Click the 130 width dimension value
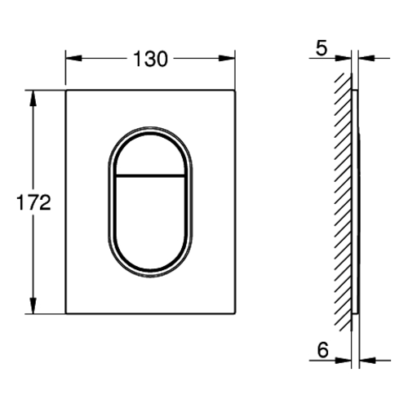(x=150, y=59)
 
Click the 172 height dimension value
(x=33, y=202)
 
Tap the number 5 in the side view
(x=322, y=49)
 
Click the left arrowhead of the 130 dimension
(x=73, y=58)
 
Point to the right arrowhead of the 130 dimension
(x=227, y=58)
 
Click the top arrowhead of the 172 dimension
(x=33, y=98)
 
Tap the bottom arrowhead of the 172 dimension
(x=33, y=306)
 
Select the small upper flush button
(x=150, y=153)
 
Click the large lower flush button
(x=150, y=222)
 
